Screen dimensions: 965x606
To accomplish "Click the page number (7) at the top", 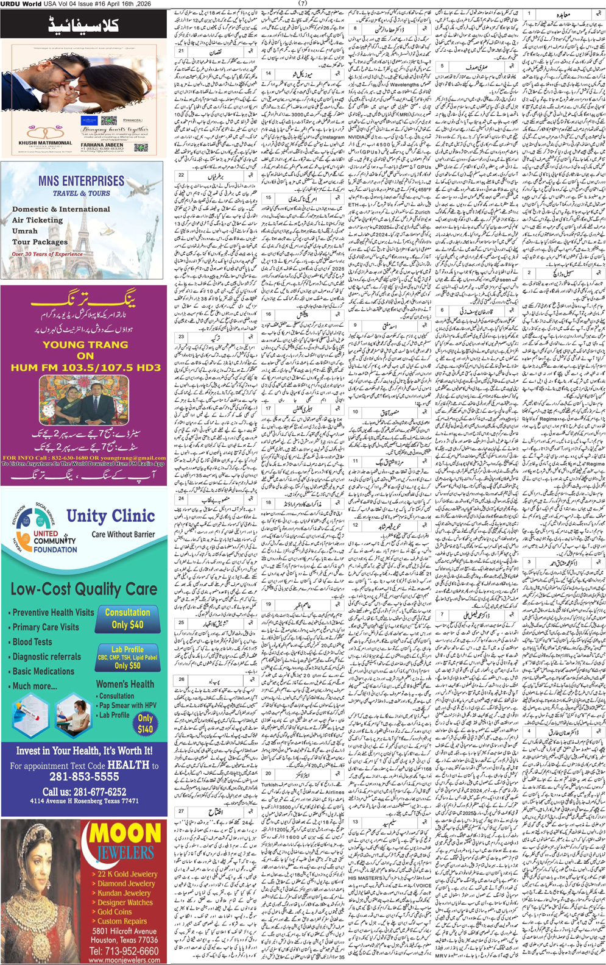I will point(303,4).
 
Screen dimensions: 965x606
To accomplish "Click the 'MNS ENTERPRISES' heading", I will point(81,181).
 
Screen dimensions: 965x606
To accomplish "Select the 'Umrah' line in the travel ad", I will point(25,231).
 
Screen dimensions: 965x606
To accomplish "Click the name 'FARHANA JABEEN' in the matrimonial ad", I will point(101,144).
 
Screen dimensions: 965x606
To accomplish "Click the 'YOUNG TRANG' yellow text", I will point(85,344).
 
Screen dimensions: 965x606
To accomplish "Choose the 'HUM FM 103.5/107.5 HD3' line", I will point(85,368).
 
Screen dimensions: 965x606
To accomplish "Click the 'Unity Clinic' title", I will point(110,516).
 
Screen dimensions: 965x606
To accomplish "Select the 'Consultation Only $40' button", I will point(127,618).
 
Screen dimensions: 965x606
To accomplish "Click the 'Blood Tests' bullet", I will point(32,642).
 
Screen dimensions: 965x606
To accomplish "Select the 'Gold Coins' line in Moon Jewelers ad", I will point(115,911).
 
